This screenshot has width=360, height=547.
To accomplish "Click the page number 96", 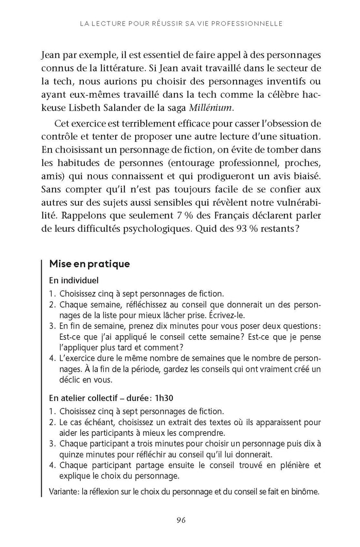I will point(180,520).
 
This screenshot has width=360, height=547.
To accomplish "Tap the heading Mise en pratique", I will point(89,264).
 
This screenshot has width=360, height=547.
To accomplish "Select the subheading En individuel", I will point(74,281).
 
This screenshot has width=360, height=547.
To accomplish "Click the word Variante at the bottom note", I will point(64,491).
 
